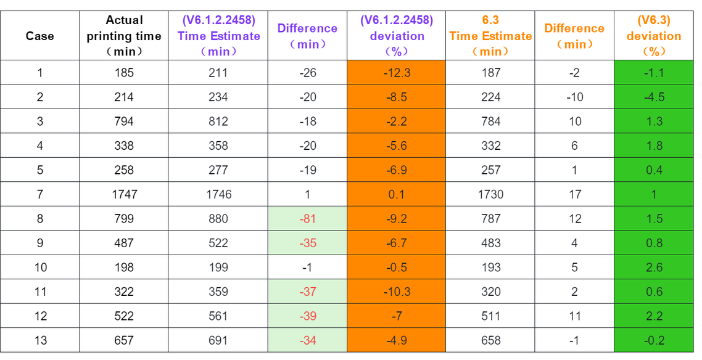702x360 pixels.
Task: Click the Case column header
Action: (x=40, y=36)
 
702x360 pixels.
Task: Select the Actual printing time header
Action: (x=124, y=36)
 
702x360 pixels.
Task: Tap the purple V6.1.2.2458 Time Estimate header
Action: (x=218, y=36)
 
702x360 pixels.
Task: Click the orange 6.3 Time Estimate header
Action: (x=490, y=36)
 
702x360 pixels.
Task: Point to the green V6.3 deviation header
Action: (x=654, y=36)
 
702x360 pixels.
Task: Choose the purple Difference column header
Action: (x=307, y=36)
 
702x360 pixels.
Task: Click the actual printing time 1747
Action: (x=124, y=194)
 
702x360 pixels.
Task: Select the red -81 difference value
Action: (x=307, y=219)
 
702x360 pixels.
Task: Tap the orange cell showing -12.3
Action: (x=397, y=73)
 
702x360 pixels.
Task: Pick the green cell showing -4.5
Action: (x=654, y=97)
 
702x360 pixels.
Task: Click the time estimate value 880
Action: (x=218, y=219)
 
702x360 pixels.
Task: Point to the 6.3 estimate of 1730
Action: (x=490, y=194)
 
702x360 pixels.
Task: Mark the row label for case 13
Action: (x=40, y=340)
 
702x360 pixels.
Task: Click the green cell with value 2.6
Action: (x=654, y=268)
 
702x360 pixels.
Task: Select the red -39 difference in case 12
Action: (x=307, y=316)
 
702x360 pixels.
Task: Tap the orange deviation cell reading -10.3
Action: (x=397, y=292)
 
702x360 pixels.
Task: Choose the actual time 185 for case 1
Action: (x=124, y=73)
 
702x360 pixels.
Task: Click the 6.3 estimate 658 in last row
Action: (x=490, y=340)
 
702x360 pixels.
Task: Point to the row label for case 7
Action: (x=40, y=194)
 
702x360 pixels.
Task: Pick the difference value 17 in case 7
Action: (x=575, y=194)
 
